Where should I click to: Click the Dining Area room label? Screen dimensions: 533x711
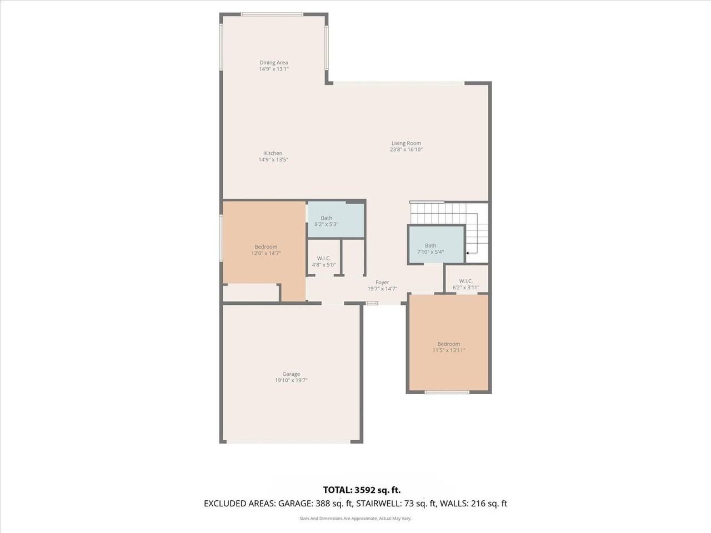pos(273,63)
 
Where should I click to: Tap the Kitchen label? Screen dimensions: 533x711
pos(273,153)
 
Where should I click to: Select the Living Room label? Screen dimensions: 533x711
pos(406,143)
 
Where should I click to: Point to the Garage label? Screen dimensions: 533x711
pos(291,374)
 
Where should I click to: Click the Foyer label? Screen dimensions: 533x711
pos(382,283)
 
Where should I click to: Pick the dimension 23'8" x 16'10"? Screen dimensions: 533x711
pos(406,150)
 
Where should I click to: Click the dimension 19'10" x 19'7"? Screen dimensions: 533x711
pos(291,381)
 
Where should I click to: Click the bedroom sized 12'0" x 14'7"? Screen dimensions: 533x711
pos(266,250)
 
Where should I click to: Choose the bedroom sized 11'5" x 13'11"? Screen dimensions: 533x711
pos(448,347)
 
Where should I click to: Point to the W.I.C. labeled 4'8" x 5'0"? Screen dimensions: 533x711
pos(324,262)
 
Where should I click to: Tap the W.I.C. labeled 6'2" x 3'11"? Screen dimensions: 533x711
pos(466,284)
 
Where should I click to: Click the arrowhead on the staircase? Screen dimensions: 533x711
pos(468,253)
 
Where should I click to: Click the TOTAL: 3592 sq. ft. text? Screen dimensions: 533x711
pos(362,490)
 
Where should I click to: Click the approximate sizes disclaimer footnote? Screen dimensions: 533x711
pos(355,519)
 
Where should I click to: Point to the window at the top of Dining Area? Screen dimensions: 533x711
pos(272,14)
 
